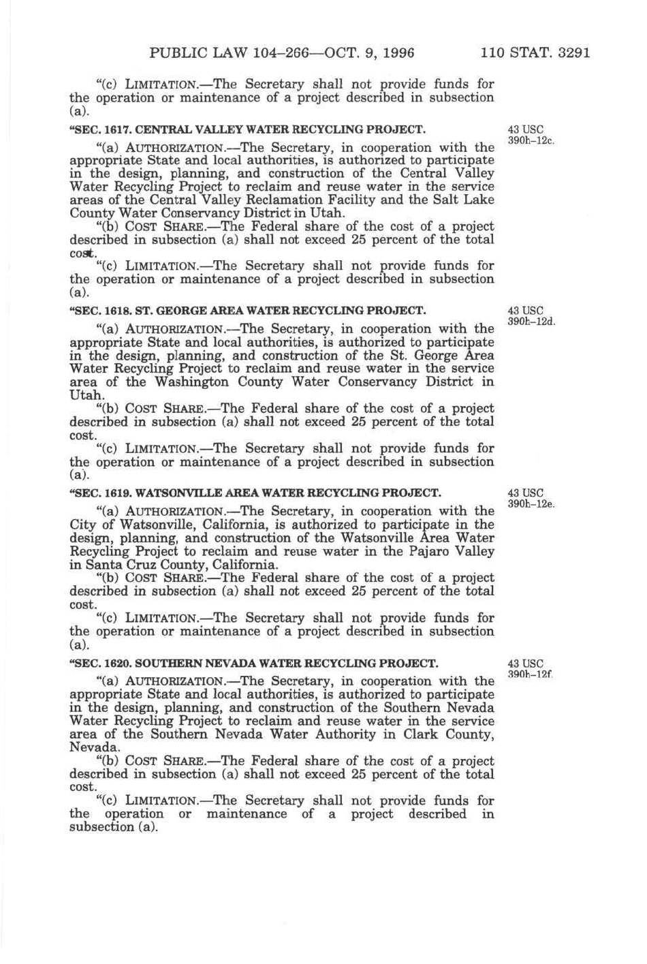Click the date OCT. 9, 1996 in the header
click(x=361, y=53)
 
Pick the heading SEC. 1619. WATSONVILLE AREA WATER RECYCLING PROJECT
click(x=255, y=493)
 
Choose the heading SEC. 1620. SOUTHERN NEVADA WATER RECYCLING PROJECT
click(x=254, y=662)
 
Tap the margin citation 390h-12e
click(x=532, y=504)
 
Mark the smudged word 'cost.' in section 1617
click(x=82, y=253)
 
